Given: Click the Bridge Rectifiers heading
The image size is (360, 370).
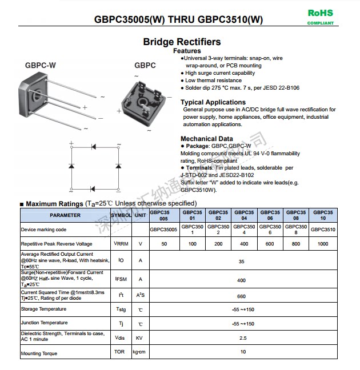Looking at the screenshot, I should [182, 42].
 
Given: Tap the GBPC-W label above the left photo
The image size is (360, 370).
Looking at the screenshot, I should [41, 65].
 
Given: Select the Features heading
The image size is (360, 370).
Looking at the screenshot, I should [187, 51].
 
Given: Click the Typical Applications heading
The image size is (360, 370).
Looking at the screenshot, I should [213, 102].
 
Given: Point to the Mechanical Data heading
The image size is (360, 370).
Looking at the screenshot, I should [206, 139].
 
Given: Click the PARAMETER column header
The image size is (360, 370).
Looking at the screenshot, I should [65, 215].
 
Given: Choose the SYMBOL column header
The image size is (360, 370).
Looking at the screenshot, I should [121, 215].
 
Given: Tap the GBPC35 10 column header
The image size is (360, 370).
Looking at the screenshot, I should [323, 215].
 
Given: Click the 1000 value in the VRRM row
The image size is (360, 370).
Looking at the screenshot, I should [323, 244].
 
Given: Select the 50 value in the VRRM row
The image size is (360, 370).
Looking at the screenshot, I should [164, 244].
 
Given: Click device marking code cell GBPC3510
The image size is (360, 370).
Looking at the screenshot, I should [323, 230].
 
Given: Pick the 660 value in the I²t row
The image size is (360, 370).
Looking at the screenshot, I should [242, 296].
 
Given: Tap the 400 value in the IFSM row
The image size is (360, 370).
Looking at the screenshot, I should [242, 280].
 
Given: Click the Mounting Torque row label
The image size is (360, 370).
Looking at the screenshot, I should [39, 353].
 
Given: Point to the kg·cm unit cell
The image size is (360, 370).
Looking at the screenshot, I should [139, 352].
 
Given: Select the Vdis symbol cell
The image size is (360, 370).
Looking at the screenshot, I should [120, 337].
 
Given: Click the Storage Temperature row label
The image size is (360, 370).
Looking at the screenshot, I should [44, 309].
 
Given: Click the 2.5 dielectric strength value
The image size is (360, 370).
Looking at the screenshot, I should [242, 337].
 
